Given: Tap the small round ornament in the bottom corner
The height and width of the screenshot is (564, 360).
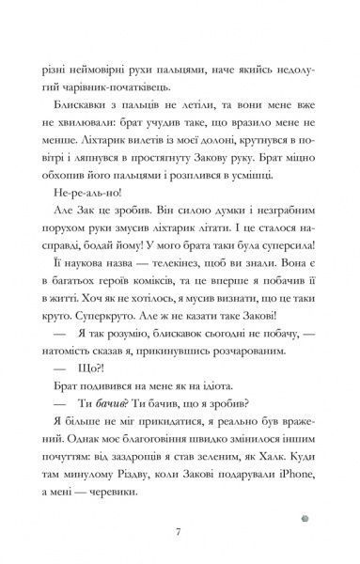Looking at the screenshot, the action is [x=325, y=493].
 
